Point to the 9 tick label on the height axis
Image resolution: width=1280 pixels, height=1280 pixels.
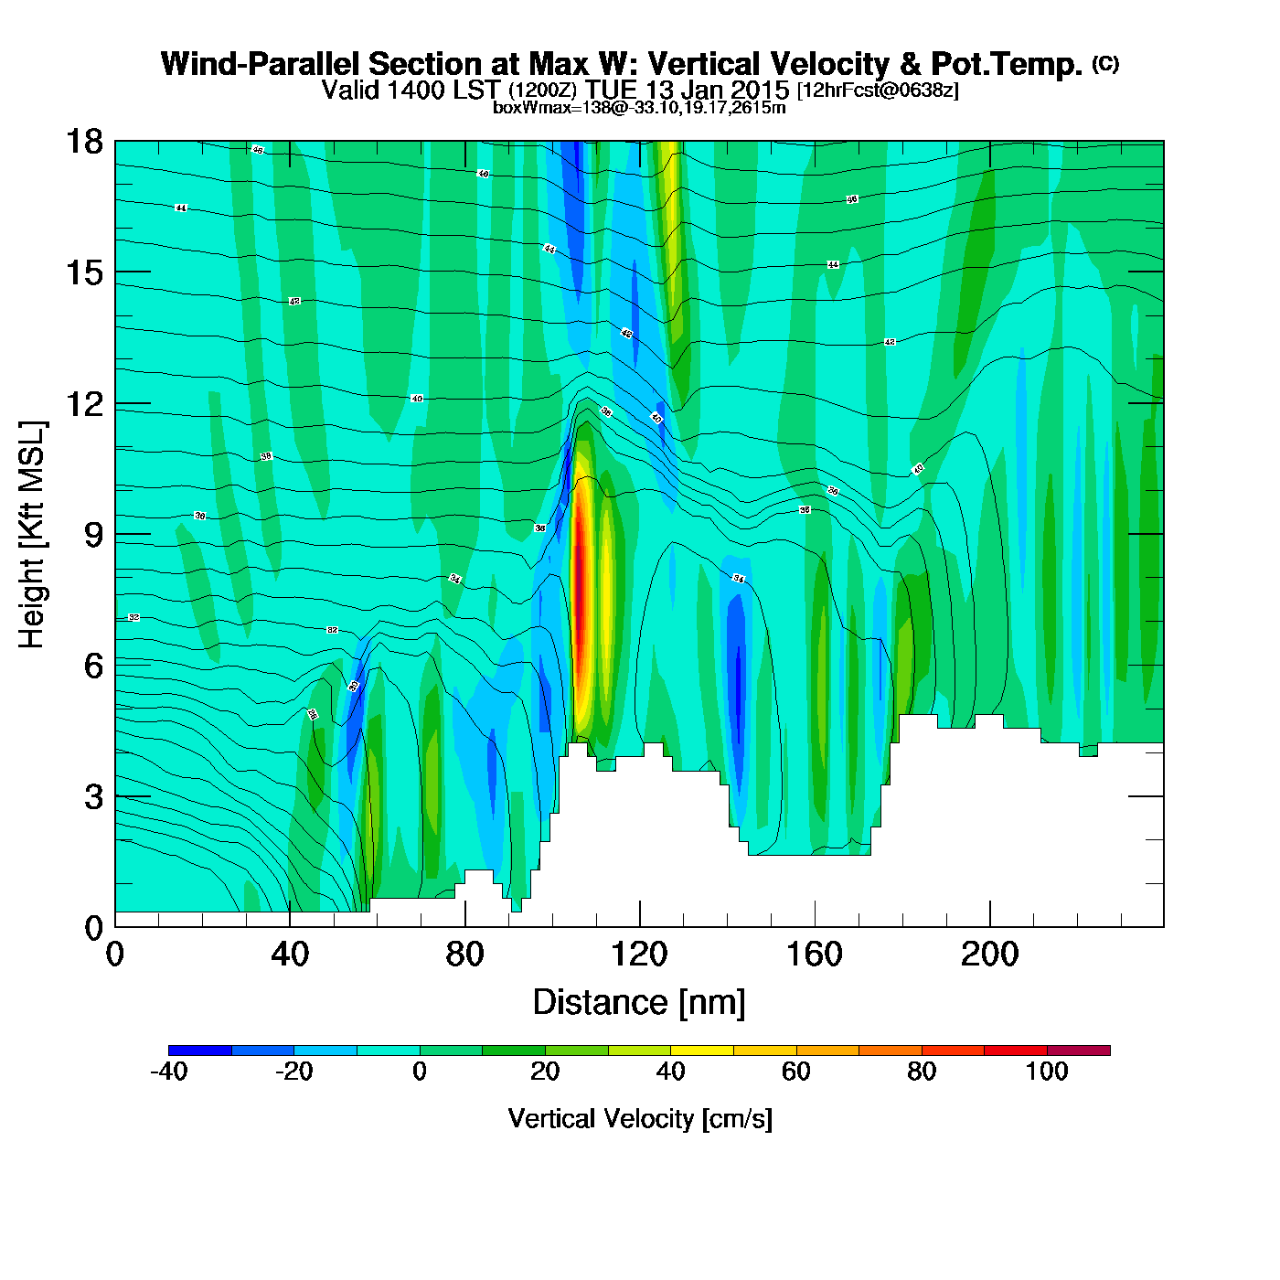coord(93,535)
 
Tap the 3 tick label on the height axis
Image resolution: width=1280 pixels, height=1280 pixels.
coord(93,797)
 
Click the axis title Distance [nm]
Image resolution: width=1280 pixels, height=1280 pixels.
coord(639,1003)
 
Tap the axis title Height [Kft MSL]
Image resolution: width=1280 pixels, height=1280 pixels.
coord(32,535)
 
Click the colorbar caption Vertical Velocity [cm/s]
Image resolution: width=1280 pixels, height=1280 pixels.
coord(640,1119)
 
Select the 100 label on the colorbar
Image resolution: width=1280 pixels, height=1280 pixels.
coord(1046,1072)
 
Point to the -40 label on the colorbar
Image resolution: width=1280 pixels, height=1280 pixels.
coord(168,1072)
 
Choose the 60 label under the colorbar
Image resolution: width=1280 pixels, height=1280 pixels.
coord(795,1072)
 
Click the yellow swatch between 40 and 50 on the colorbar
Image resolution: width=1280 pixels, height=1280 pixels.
coord(701,1051)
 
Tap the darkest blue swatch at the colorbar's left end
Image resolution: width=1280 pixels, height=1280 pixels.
coord(199,1051)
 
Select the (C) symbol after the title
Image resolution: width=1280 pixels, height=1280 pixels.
coord(1105,63)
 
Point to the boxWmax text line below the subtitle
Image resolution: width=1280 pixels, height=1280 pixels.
coord(639,107)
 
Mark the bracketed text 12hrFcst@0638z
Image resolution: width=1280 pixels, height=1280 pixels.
coord(878,91)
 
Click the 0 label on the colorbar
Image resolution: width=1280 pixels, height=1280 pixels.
coord(420,1072)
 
